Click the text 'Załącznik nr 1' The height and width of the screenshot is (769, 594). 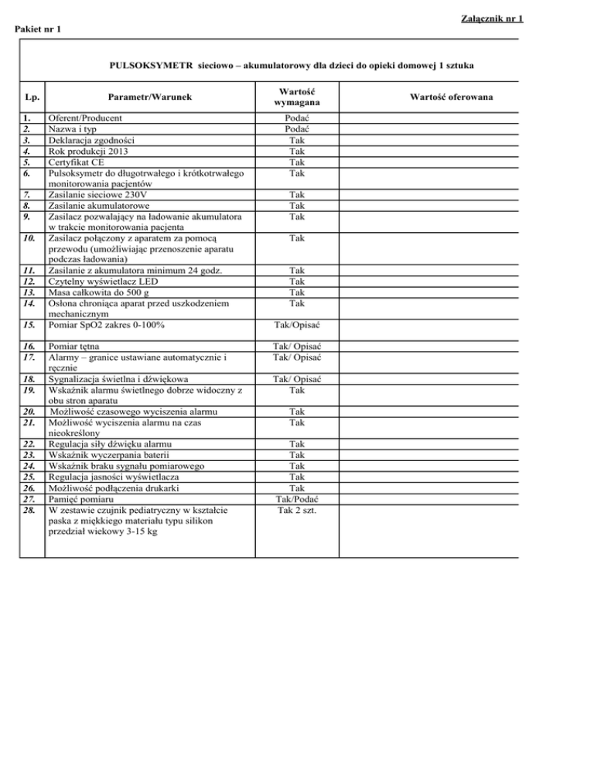click(557, 19)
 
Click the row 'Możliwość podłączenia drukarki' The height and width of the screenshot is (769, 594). click(116, 489)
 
